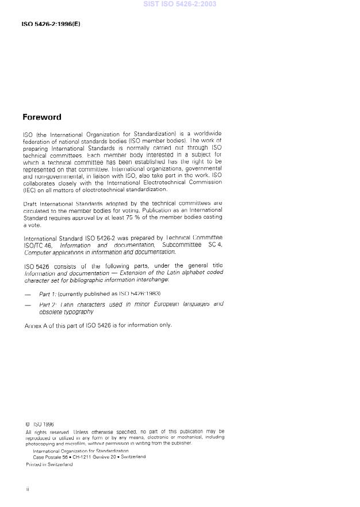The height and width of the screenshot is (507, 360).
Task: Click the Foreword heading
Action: click(41, 117)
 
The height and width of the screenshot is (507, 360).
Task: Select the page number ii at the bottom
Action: click(27, 489)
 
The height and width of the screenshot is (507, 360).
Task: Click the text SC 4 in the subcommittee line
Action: click(216, 245)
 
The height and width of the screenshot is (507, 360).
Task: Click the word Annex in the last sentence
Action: click(33, 325)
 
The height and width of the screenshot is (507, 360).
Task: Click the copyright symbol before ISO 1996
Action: click(28, 425)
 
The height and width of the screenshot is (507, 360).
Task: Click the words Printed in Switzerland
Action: click(49, 464)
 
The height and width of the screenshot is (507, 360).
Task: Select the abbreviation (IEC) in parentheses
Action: click(29, 189)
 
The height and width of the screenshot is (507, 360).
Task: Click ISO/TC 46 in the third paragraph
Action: click(39, 245)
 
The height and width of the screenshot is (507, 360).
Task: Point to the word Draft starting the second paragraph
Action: click(30, 204)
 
